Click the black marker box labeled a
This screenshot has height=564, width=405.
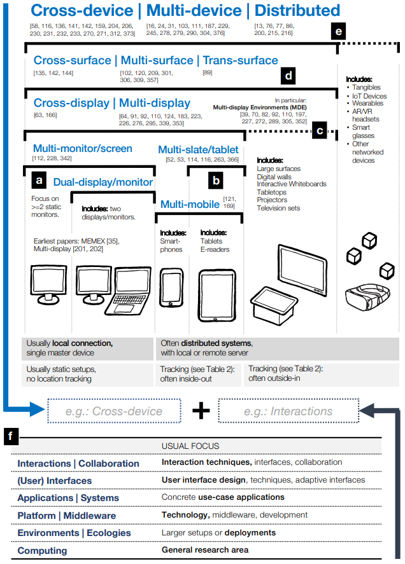point(39,181)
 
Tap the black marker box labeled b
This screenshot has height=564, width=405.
point(217,181)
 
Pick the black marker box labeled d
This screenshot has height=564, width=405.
point(288,76)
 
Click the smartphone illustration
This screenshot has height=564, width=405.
point(171,288)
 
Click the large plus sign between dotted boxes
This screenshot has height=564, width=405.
point(201,411)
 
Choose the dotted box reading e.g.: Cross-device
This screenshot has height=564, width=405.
point(113,411)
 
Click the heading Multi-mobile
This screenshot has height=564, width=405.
point(190,204)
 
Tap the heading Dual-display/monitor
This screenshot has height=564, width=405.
point(103,182)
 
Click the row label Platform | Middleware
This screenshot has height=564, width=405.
point(66,515)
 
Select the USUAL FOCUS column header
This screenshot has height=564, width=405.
point(190,446)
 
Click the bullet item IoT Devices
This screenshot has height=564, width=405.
point(369,95)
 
